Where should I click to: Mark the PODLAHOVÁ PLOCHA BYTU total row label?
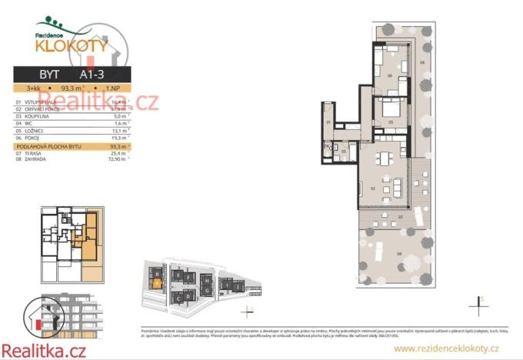tap(49, 145)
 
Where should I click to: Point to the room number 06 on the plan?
tap(390, 76)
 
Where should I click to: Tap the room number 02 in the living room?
tap(371, 188)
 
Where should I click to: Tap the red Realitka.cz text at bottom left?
tap(44, 350)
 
